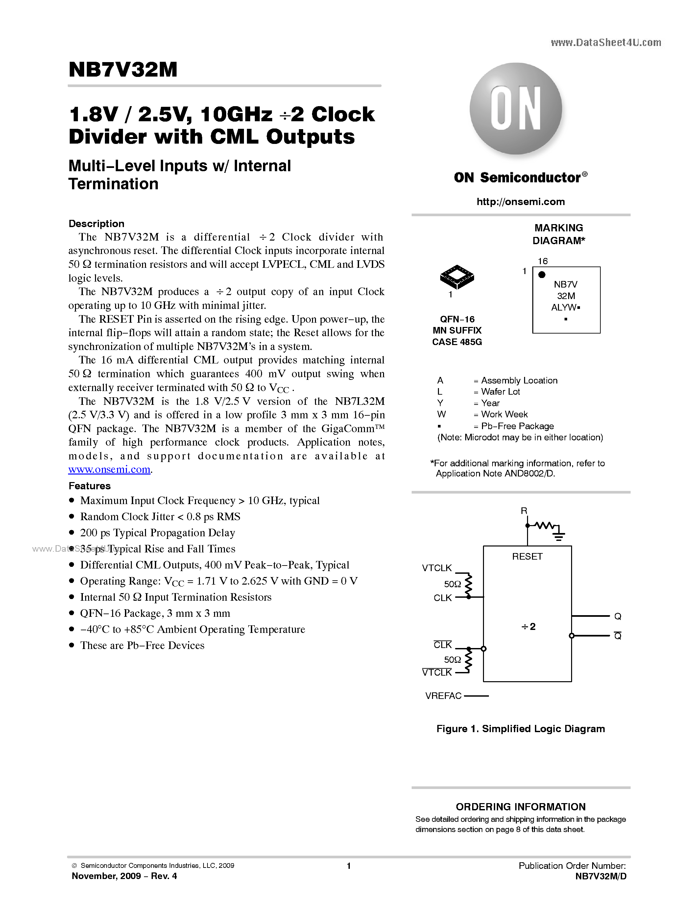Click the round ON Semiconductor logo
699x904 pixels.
516,109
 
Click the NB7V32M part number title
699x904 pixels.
123,70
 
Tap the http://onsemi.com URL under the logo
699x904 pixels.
520,201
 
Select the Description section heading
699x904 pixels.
96,223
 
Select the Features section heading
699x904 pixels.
89,486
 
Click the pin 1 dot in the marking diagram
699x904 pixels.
542,274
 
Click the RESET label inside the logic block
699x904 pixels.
527,556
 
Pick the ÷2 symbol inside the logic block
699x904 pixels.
528,626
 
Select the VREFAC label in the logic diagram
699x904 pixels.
443,696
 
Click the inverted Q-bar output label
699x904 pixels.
617,636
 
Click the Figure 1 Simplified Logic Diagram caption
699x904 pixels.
520,729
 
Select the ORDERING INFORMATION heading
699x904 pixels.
520,807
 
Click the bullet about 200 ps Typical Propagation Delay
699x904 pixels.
157,533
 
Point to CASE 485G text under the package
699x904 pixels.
457,342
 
